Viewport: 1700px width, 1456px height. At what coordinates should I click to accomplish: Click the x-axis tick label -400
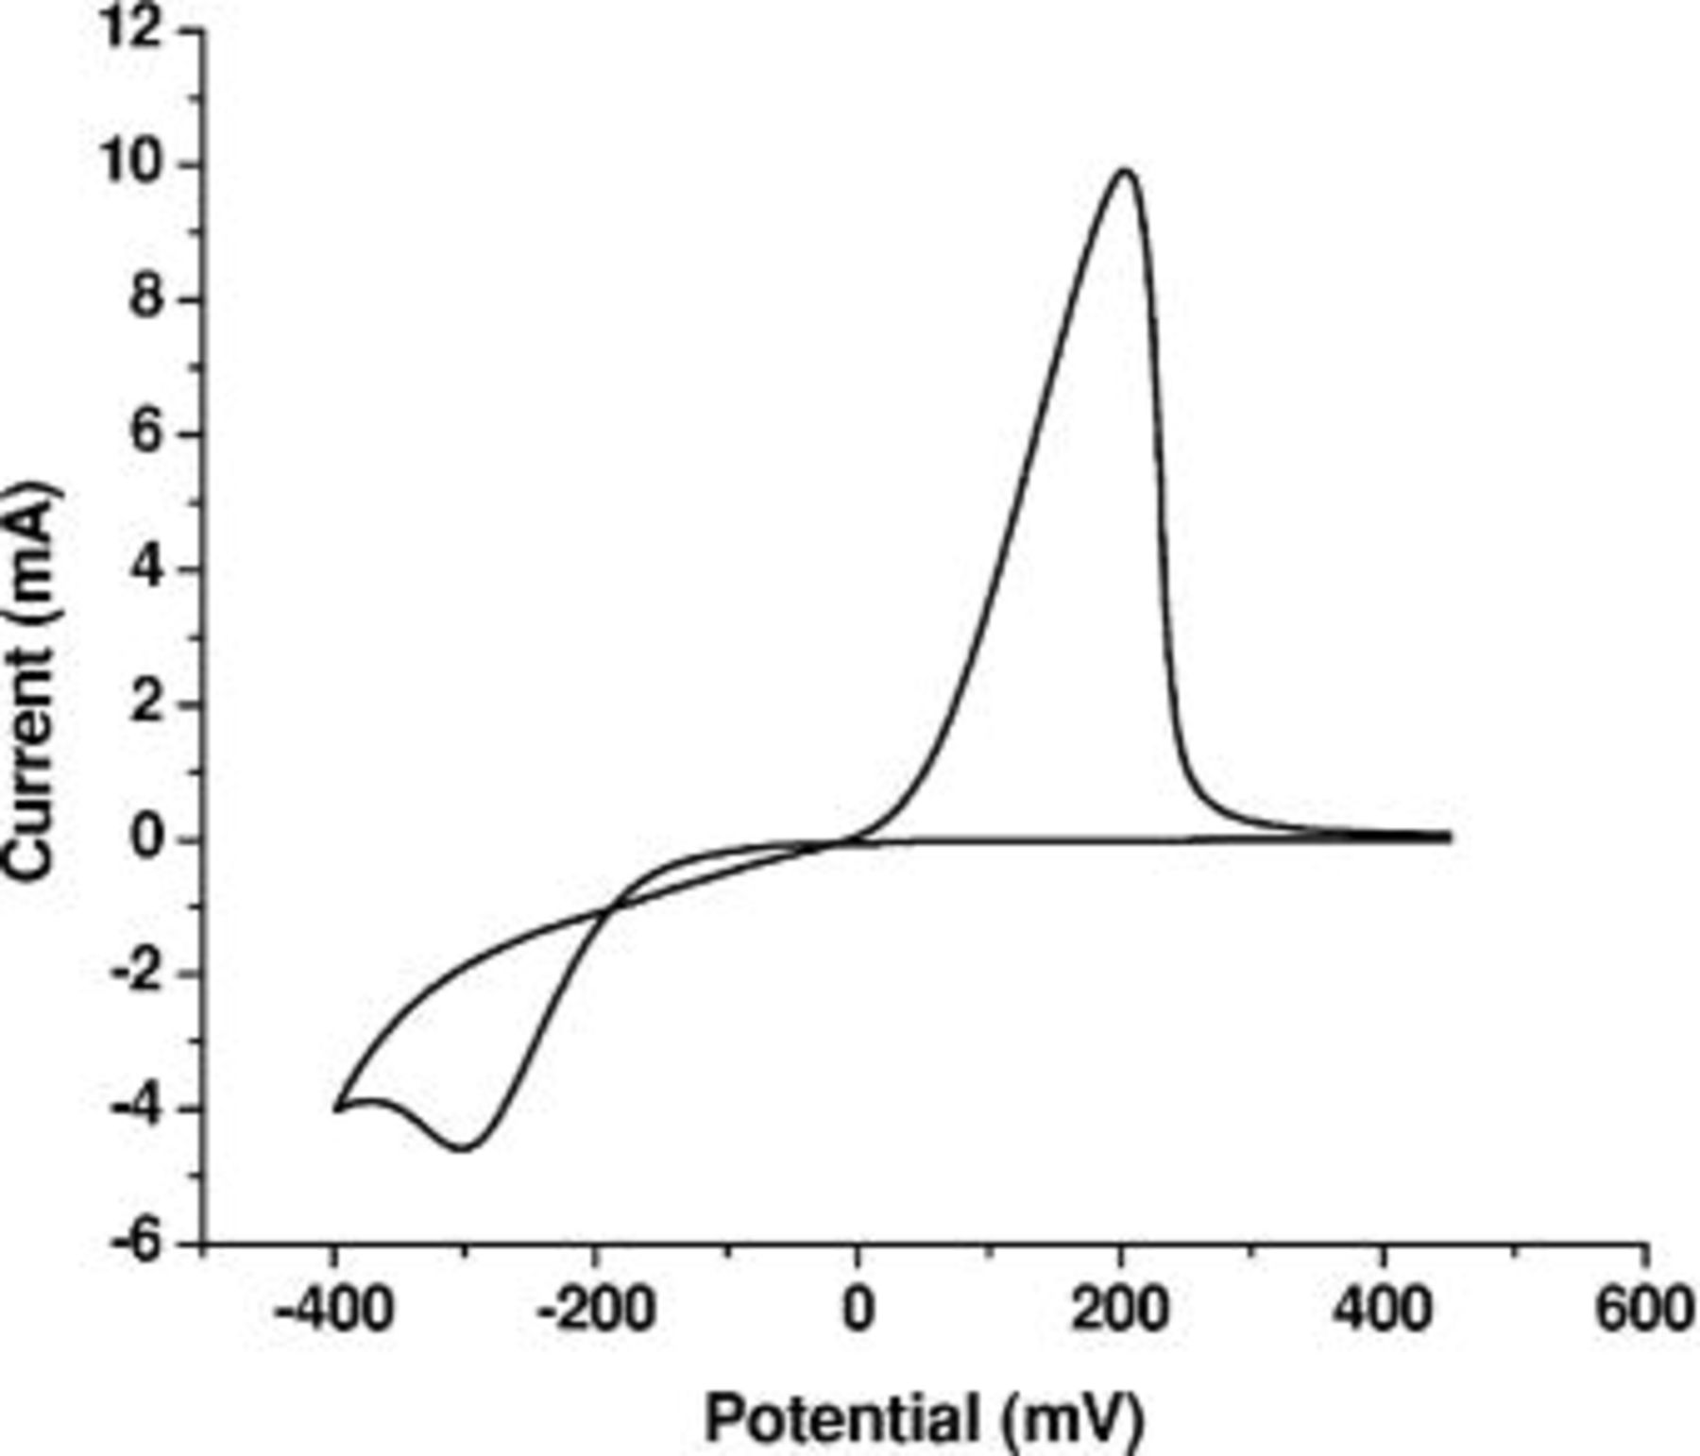click(x=331, y=1311)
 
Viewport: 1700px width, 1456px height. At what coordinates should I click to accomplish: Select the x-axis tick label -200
click(x=595, y=1311)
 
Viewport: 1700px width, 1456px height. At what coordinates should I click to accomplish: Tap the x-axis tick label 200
click(x=1120, y=1311)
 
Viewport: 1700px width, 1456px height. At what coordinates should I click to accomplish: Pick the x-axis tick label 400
click(x=1384, y=1311)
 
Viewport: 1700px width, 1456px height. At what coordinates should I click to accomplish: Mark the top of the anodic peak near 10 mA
click(x=1125, y=171)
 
